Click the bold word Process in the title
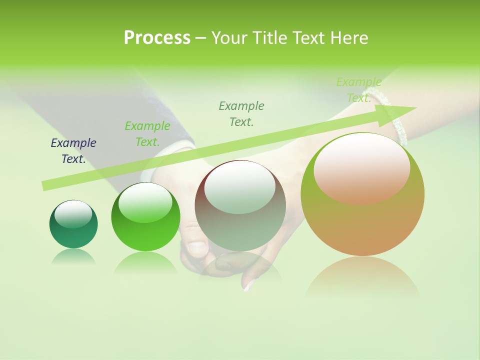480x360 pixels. click(x=157, y=38)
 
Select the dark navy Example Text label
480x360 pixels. click(x=73, y=151)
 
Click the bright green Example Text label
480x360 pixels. click(x=147, y=134)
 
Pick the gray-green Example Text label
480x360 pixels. click(x=241, y=114)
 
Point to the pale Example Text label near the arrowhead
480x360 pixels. click(x=359, y=90)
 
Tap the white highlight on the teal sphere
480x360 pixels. click(x=73, y=214)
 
